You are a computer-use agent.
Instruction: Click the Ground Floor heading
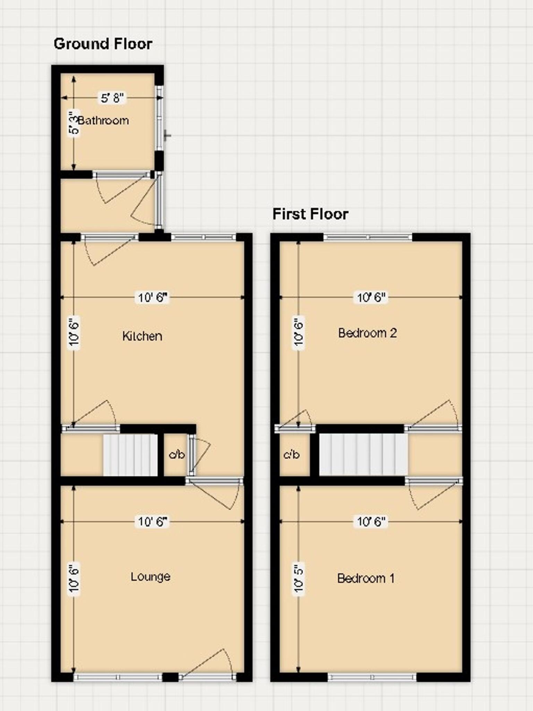[x=103, y=44]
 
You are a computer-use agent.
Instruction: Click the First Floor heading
[x=310, y=214]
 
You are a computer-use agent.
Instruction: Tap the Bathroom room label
[x=103, y=120]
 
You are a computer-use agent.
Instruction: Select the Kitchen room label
[x=142, y=336]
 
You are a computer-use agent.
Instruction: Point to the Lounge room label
[x=151, y=577]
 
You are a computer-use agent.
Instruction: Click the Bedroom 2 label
[x=368, y=333]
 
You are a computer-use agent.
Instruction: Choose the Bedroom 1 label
[x=366, y=578]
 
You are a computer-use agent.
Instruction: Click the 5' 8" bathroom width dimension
[x=112, y=98]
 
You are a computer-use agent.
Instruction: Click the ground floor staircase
[x=131, y=455]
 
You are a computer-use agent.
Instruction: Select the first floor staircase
[x=363, y=454]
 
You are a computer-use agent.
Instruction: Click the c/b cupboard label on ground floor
[x=177, y=454]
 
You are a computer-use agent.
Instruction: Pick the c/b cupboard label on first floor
[x=291, y=454]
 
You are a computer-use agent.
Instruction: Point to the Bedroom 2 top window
[x=368, y=237]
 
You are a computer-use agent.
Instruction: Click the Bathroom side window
[x=159, y=118]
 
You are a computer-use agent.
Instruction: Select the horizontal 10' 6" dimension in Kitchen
[x=153, y=298]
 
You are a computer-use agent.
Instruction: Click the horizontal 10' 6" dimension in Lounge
[x=153, y=521]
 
